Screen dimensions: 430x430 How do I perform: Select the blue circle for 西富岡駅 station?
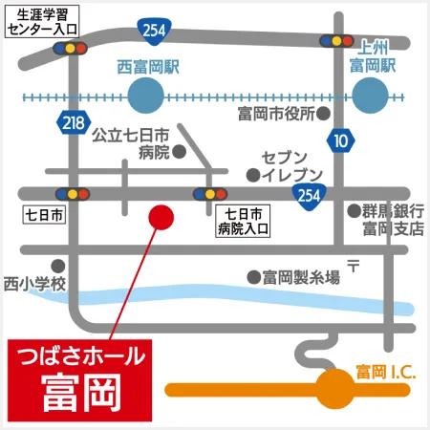pos(146,96)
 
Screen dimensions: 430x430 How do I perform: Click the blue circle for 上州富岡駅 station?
pos(373,96)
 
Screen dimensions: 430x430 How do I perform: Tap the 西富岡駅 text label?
pos(147,67)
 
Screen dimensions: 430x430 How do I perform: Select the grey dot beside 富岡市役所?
pos(324,113)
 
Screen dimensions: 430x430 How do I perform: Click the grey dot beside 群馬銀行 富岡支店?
pos(351,211)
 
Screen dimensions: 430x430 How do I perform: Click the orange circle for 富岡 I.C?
pos(334,389)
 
